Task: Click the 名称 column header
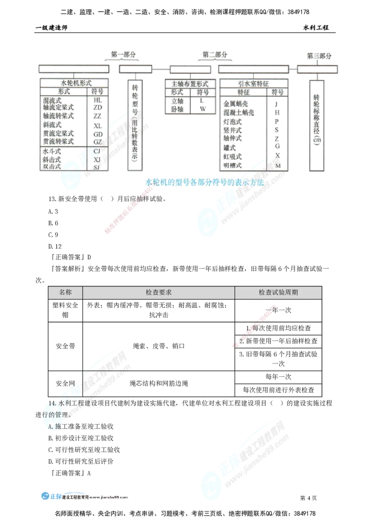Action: [x=65, y=293]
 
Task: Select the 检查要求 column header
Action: [x=159, y=293]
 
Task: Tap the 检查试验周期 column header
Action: [x=278, y=293]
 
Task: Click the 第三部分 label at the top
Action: [x=319, y=56]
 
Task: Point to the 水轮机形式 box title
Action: [x=74, y=83]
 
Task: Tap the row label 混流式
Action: [x=51, y=100]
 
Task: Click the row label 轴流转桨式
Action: [x=58, y=116]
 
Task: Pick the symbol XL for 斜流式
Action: [x=98, y=125]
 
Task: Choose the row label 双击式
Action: [x=51, y=166]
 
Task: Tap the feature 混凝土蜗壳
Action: [x=239, y=112]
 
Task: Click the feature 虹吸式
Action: [x=232, y=156]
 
